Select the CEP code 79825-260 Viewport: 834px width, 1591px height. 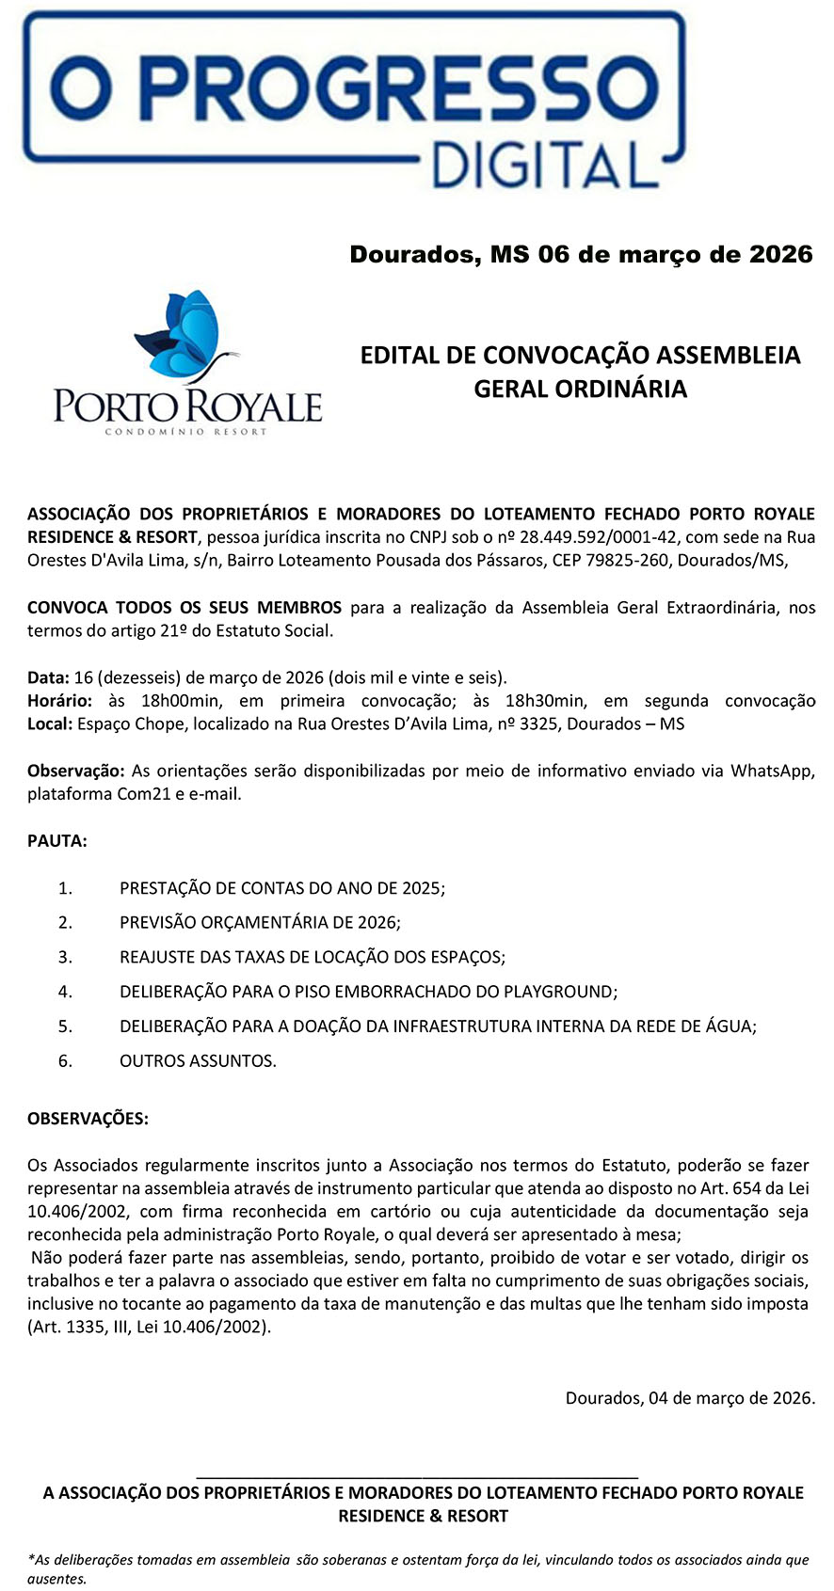tap(634, 561)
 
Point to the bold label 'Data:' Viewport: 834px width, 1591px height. tap(48, 677)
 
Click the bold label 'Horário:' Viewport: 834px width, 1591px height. tap(60, 701)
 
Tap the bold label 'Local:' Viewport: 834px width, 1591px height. tap(49, 724)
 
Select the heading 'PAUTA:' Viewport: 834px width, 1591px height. tap(57, 841)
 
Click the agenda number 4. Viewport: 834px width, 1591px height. tap(65, 992)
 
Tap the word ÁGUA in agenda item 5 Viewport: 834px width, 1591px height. tap(732, 1026)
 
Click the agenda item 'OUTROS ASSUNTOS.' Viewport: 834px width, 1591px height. tap(198, 1061)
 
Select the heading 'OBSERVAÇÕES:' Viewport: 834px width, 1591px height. tap(88, 1119)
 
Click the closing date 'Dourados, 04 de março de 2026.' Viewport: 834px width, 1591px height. tap(690, 1398)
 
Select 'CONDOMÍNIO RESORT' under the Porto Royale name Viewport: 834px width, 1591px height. tap(186, 432)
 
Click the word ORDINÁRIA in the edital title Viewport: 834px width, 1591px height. tap(581, 389)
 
